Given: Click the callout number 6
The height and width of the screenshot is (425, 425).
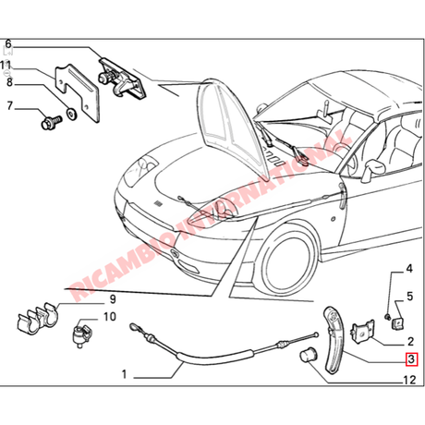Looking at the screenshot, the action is pyautogui.click(x=8, y=43).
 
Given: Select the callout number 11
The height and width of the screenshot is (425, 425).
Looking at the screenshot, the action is pyautogui.click(x=6, y=66).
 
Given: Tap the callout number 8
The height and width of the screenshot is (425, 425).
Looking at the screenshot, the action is pyautogui.click(x=9, y=82).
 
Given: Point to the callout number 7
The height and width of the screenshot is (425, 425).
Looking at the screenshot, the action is pyautogui.click(x=9, y=105).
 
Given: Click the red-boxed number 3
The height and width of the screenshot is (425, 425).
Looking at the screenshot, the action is pyautogui.click(x=411, y=359).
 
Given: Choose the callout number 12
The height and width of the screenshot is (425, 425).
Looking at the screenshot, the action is pyautogui.click(x=409, y=380).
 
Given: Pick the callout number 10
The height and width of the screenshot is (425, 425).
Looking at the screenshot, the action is pyautogui.click(x=110, y=316).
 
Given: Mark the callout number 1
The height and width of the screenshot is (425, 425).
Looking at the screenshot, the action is pyautogui.click(x=124, y=374).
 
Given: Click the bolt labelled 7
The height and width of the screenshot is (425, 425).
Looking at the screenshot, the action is pyautogui.click(x=51, y=122).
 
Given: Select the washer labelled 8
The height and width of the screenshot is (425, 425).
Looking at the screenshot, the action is pyautogui.click(x=72, y=115).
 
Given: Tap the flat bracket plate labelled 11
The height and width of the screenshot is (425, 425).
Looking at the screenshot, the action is pyautogui.click(x=77, y=92).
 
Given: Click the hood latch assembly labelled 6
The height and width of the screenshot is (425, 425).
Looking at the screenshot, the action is pyautogui.click(x=122, y=79).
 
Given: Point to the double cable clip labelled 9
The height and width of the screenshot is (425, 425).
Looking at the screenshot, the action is pyautogui.click(x=38, y=320).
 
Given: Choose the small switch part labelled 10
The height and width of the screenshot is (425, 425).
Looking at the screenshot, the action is pyautogui.click(x=81, y=333).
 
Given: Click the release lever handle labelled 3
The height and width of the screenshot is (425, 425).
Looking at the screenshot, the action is pyautogui.click(x=334, y=340).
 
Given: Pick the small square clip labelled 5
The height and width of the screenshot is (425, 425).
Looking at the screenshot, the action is pyautogui.click(x=398, y=322).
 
